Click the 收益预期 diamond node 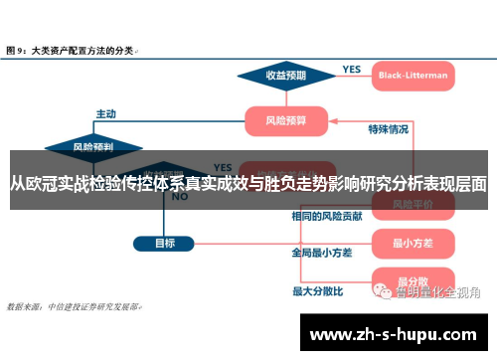(284, 74)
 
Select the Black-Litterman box (414, 74)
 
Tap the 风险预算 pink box (286, 120)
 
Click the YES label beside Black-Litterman (351, 69)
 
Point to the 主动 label (106, 111)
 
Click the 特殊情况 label (388, 128)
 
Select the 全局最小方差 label (322, 253)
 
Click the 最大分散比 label (318, 291)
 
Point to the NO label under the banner (180, 197)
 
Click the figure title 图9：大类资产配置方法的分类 (71, 47)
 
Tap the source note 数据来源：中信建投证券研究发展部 (74, 306)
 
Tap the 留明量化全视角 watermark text (437, 292)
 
